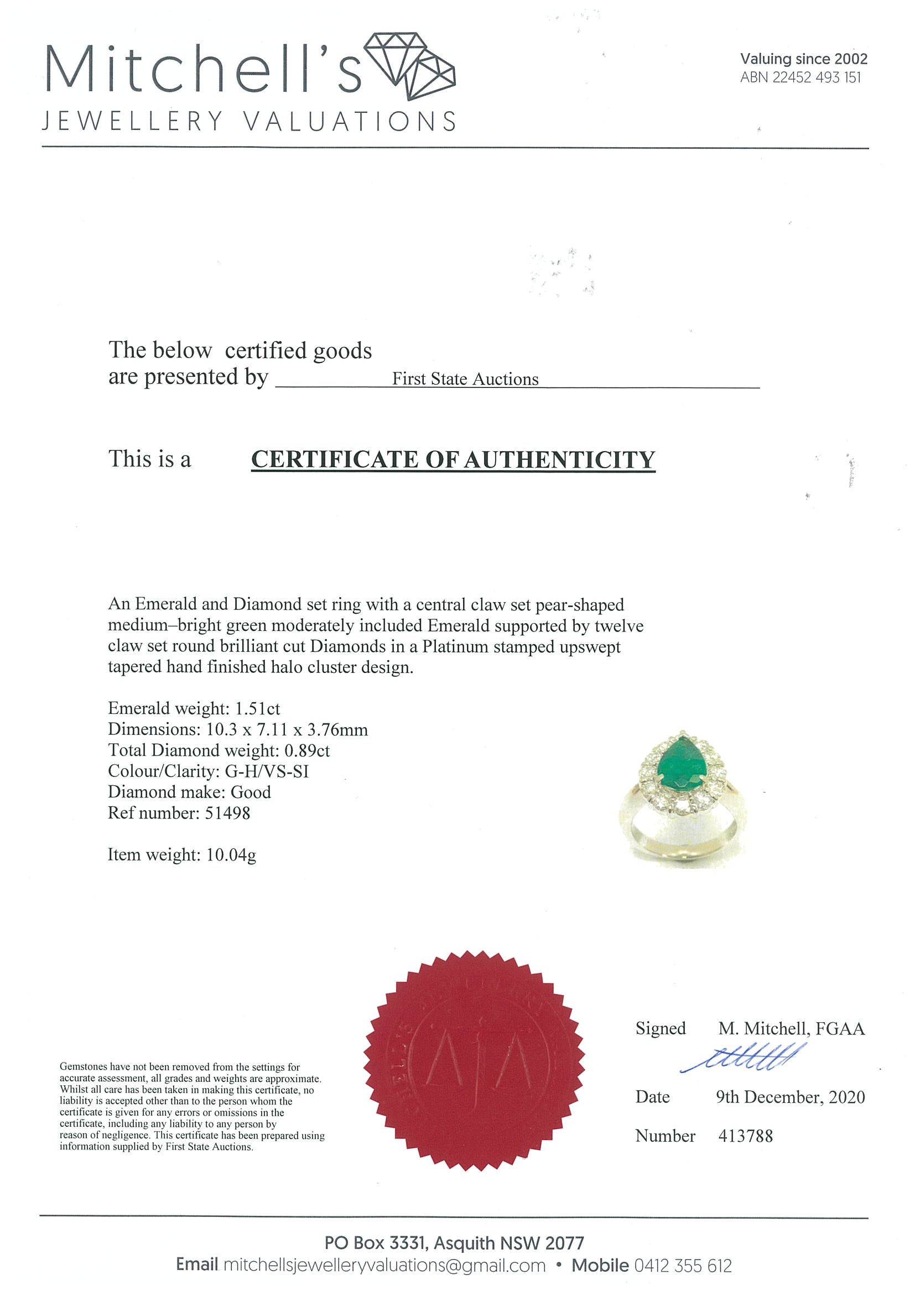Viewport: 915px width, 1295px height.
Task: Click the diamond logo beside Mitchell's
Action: (411, 66)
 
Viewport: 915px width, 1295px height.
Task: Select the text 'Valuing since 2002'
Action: (803, 59)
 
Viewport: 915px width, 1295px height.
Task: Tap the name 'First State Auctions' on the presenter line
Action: (465, 379)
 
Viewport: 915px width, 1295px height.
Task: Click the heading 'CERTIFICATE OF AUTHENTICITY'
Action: (453, 460)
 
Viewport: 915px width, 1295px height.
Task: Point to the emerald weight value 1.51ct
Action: (257, 708)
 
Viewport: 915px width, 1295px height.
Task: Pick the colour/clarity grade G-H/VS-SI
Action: (267, 771)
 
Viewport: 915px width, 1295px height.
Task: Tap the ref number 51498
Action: (227, 813)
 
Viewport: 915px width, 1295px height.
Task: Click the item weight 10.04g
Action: (231, 855)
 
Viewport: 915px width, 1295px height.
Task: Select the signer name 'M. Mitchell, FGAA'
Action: (791, 1029)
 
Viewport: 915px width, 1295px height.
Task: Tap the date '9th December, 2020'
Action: (790, 1097)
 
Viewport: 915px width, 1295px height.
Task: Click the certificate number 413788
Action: (745, 1136)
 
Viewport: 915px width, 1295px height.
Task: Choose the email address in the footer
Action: (384, 1265)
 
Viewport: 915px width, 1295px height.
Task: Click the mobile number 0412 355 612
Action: (683, 1265)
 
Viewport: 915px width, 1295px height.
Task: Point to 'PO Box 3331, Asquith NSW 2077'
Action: (454, 1243)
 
